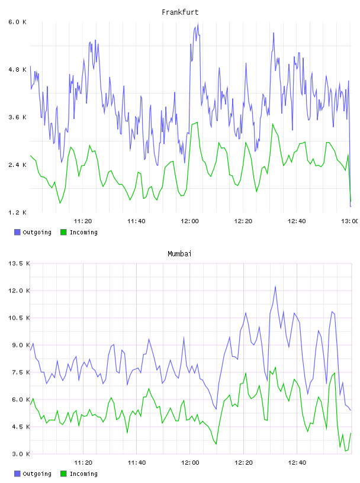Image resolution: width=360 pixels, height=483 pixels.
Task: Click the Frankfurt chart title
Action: coord(180,12)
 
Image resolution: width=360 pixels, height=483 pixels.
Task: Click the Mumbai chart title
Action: coord(179,254)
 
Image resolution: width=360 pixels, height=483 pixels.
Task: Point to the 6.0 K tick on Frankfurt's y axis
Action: coord(17,22)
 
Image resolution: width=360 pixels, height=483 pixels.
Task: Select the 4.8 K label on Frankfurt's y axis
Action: coord(17,70)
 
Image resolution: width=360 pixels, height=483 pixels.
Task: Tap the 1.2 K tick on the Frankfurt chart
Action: coord(17,212)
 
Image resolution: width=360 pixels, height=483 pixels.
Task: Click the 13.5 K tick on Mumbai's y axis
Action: coord(19,263)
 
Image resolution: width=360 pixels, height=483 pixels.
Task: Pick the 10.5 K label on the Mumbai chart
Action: coord(19,318)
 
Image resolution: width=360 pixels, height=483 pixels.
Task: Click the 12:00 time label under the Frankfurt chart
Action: coord(189,221)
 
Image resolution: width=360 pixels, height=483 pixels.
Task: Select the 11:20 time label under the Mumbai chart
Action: coord(83,463)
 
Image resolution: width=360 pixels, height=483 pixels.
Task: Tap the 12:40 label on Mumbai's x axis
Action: coord(297,463)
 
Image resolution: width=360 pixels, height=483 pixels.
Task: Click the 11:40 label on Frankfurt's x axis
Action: coord(136,221)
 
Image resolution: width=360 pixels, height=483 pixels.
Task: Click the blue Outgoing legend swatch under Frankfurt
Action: coord(17,232)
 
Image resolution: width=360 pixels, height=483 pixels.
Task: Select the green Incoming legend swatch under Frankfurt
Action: coord(63,232)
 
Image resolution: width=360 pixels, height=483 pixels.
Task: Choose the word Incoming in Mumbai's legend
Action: coord(83,474)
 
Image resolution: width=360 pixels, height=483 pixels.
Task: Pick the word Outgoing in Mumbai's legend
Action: coord(37,474)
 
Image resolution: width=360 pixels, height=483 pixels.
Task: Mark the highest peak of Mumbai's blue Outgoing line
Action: coord(275,286)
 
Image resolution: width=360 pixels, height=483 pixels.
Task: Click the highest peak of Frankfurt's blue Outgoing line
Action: coord(198,24)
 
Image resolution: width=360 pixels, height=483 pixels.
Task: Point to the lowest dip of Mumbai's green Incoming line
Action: coord(346,451)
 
